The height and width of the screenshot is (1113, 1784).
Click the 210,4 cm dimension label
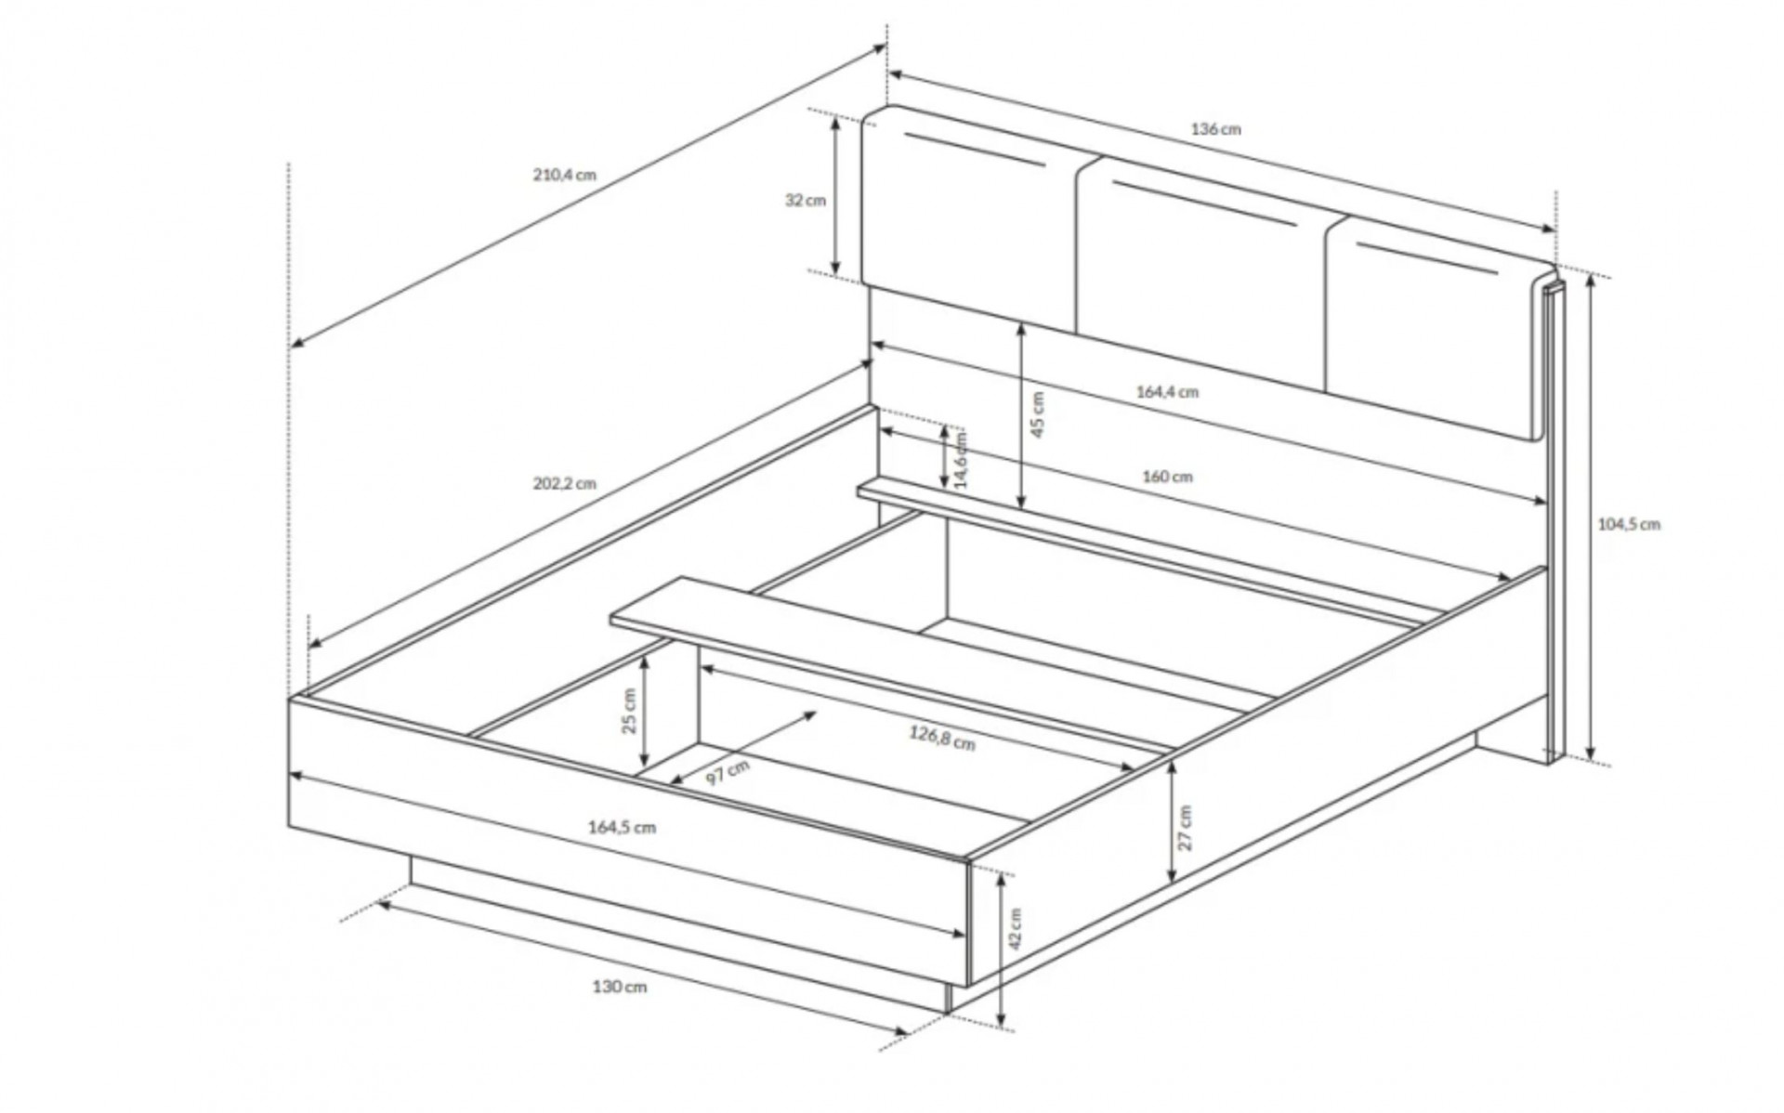(565, 175)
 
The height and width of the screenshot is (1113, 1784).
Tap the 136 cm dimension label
(1215, 129)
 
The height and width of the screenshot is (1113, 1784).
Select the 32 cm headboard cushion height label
(805, 200)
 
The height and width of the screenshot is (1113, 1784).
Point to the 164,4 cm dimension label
(1167, 392)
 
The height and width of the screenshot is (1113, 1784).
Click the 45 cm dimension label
(1038, 414)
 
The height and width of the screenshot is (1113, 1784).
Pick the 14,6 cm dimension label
(961, 459)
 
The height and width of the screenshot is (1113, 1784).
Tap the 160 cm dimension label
(1167, 477)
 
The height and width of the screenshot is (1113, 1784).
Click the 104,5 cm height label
(1629, 524)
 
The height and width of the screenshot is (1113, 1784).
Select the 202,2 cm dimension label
(565, 484)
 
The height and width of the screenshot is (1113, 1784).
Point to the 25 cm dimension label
(630, 711)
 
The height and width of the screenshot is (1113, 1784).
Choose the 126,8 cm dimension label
(942, 739)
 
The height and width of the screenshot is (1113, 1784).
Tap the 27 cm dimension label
(1185, 828)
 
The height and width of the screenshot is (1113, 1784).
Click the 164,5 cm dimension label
(622, 827)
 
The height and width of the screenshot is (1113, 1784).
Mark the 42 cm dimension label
(1016, 929)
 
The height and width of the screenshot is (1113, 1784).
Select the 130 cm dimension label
(620, 987)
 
